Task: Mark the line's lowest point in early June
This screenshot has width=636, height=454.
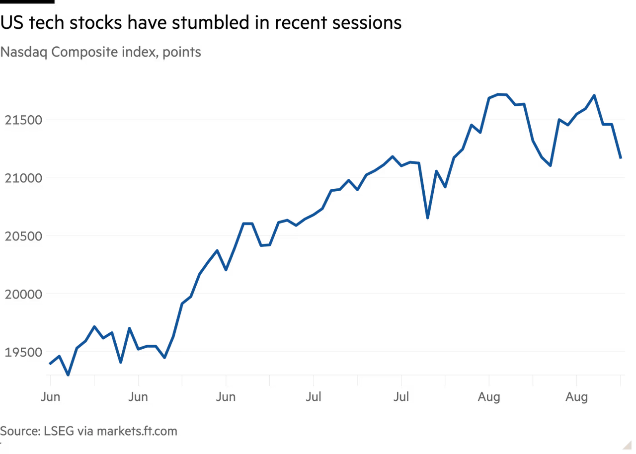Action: (68, 375)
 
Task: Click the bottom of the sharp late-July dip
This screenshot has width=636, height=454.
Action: (427, 218)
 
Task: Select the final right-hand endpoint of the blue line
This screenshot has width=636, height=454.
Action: (621, 158)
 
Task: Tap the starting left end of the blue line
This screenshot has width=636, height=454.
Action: (49, 364)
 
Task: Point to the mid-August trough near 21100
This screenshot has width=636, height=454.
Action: (551, 166)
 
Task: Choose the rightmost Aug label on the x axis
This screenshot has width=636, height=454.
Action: (577, 397)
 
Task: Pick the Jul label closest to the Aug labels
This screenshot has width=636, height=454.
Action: (401, 397)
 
